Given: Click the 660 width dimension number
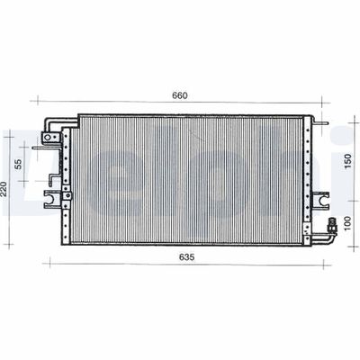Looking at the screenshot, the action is tap(180, 95).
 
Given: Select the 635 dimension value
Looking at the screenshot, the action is tap(186, 257).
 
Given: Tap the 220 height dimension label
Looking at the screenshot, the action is tap(4, 189).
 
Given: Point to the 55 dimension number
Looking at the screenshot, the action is tap(18, 164).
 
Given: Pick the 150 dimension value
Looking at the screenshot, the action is tap(347, 161).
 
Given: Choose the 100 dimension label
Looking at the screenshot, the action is tap(347, 223).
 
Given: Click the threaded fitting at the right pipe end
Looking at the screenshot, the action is tap(332, 224).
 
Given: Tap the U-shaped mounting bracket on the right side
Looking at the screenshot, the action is tap(321, 200).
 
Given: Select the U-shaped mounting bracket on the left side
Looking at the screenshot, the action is tap(52, 199).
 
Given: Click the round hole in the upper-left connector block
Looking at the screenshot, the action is tap(48, 138).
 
